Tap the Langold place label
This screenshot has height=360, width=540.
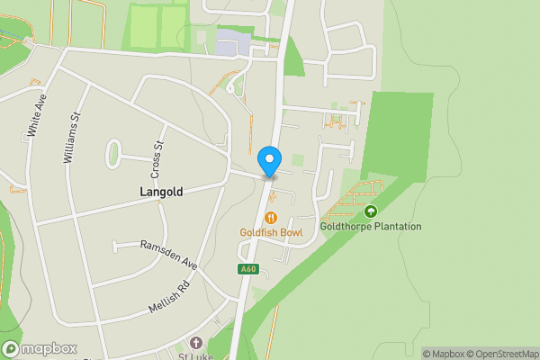tap(163, 192)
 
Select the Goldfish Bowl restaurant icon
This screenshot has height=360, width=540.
tap(270, 218)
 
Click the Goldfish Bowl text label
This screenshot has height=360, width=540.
tap(270, 232)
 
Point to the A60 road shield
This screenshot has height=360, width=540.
tap(248, 269)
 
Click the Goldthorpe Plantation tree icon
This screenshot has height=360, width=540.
tap(371, 211)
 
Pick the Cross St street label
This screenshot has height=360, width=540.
tap(157, 158)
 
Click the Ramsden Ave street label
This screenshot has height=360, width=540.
tap(168, 255)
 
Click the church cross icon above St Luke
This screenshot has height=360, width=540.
tap(196, 342)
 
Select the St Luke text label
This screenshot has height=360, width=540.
tap(199, 355)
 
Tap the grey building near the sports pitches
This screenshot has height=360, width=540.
tap(229, 42)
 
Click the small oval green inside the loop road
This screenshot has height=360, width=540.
tap(114, 154)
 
